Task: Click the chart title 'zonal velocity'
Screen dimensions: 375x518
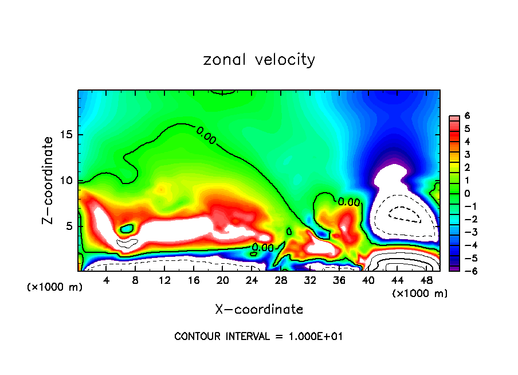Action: point(259,60)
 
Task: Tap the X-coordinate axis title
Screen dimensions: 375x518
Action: point(259,310)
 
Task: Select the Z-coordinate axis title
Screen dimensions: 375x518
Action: point(50,180)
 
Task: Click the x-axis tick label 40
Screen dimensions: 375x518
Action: point(368,280)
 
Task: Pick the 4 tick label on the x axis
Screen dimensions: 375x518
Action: point(106,280)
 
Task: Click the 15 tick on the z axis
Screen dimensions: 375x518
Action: point(66,135)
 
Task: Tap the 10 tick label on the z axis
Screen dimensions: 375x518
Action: point(66,181)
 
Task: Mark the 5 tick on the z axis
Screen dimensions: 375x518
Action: point(69,226)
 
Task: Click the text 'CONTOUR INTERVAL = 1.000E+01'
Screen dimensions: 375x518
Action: point(258,337)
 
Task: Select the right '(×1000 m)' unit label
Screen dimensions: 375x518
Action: point(420,294)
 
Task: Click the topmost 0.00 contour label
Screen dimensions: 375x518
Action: point(206,135)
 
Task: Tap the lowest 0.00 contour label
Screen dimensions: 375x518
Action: point(262,248)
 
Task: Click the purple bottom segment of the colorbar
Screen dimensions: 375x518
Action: point(453,268)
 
